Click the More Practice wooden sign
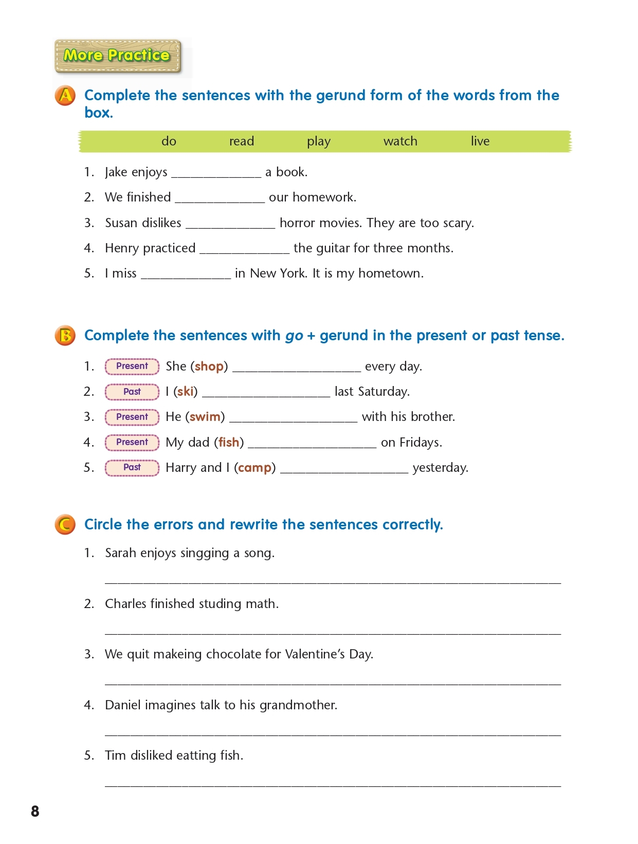point(118,56)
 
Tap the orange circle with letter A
point(65,96)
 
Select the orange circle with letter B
point(65,336)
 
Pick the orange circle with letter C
point(65,525)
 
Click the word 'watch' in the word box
point(400,141)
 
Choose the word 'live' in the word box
point(480,141)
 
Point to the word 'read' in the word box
point(241,141)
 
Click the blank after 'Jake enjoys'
point(216,174)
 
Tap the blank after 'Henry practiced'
point(244,250)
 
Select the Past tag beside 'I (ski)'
point(132,392)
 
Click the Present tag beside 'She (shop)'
point(132,366)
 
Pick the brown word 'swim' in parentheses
point(205,417)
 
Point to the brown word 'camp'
point(254,468)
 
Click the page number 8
point(35,811)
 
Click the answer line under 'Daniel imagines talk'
point(333,732)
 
